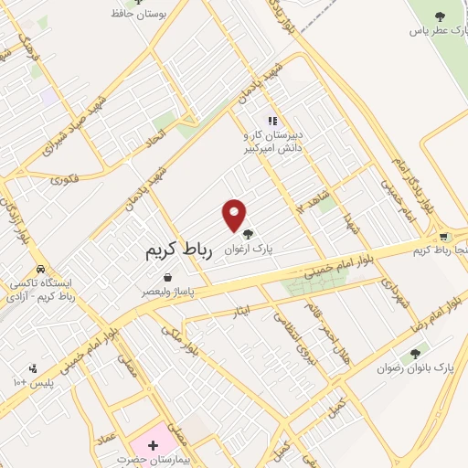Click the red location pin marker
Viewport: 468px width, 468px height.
click(x=234, y=215)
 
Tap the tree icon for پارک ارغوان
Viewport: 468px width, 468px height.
click(x=247, y=233)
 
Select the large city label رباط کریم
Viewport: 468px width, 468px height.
click(x=178, y=251)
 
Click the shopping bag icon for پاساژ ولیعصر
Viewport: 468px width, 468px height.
click(x=167, y=278)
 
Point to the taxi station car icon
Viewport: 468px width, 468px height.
click(x=39, y=270)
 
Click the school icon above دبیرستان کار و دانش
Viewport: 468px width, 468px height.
click(x=271, y=120)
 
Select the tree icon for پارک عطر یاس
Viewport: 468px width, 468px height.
click(x=439, y=16)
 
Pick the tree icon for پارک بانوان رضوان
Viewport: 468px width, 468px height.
click(x=416, y=353)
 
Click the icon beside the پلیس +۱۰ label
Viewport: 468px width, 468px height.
click(x=33, y=369)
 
